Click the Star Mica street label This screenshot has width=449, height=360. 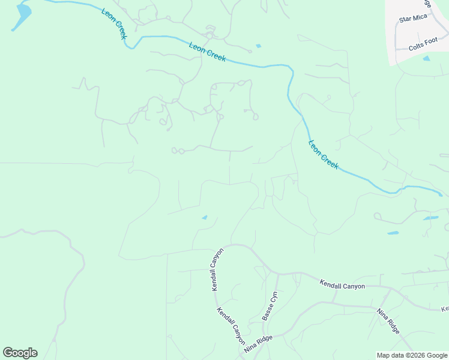[413, 19]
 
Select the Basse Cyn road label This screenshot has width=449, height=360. [270, 305]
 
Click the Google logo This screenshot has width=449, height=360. [20, 353]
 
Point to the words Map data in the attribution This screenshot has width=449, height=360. [390, 355]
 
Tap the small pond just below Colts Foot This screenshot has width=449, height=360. [426, 58]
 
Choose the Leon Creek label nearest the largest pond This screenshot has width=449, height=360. [114, 25]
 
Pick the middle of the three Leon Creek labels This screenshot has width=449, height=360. [208, 52]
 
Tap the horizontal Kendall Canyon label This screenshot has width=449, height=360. [342, 286]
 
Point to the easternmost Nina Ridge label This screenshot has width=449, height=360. [388, 320]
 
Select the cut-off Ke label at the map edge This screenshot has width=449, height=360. [445, 309]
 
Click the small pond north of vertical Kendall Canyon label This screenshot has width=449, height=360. [205, 217]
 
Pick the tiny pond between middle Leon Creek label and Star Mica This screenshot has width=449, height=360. [258, 46]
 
